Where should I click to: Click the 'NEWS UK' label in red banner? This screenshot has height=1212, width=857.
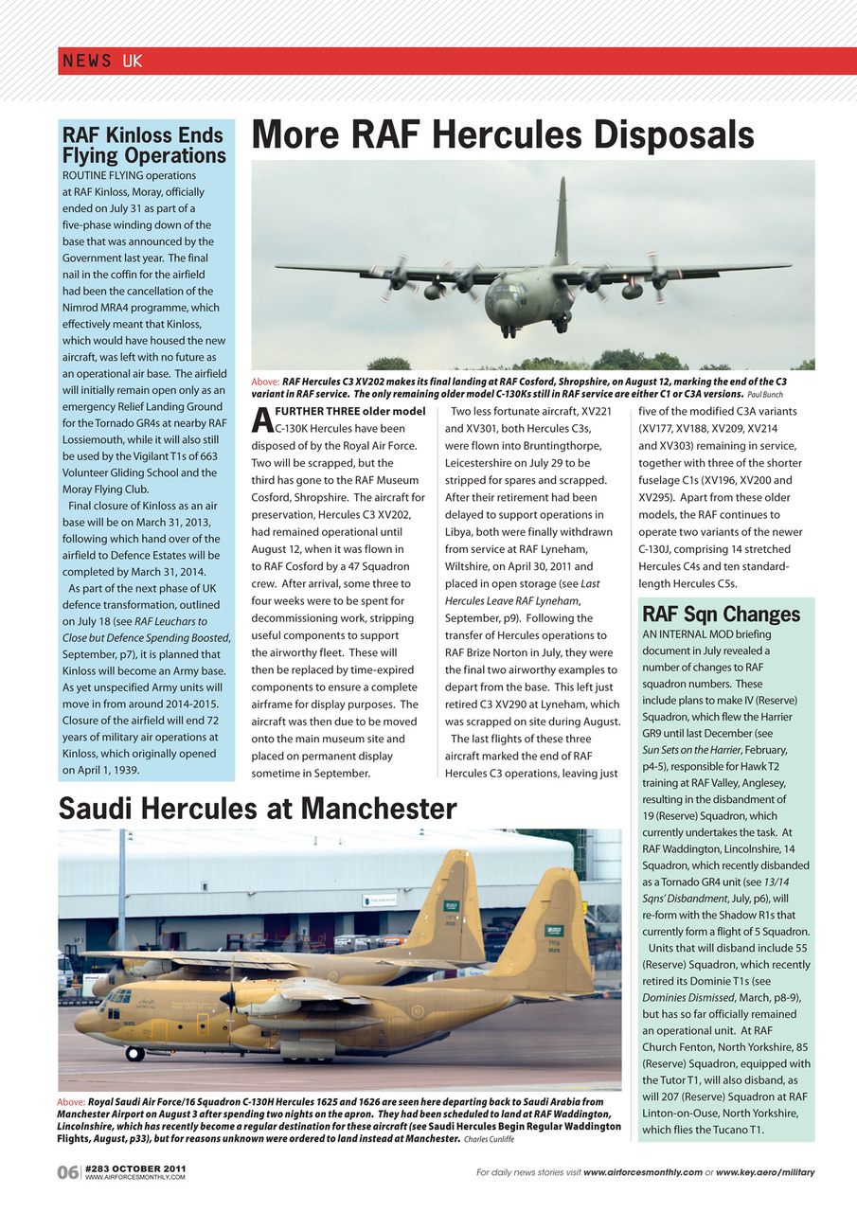tap(101, 62)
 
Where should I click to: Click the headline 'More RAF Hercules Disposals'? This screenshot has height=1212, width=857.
tap(502, 135)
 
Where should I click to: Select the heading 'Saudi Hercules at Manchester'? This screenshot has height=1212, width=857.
tap(258, 809)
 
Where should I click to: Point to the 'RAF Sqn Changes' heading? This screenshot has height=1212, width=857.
tap(721, 615)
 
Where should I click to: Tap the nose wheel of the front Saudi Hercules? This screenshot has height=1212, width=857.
tap(134, 1053)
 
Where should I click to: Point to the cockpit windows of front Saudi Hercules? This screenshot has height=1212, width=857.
tap(117, 997)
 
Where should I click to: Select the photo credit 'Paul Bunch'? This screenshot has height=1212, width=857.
tap(765, 395)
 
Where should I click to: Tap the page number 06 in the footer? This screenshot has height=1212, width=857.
tap(68, 1173)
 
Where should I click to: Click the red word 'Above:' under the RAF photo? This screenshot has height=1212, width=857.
tap(265, 382)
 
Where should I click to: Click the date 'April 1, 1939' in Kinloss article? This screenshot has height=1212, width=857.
tap(100, 770)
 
